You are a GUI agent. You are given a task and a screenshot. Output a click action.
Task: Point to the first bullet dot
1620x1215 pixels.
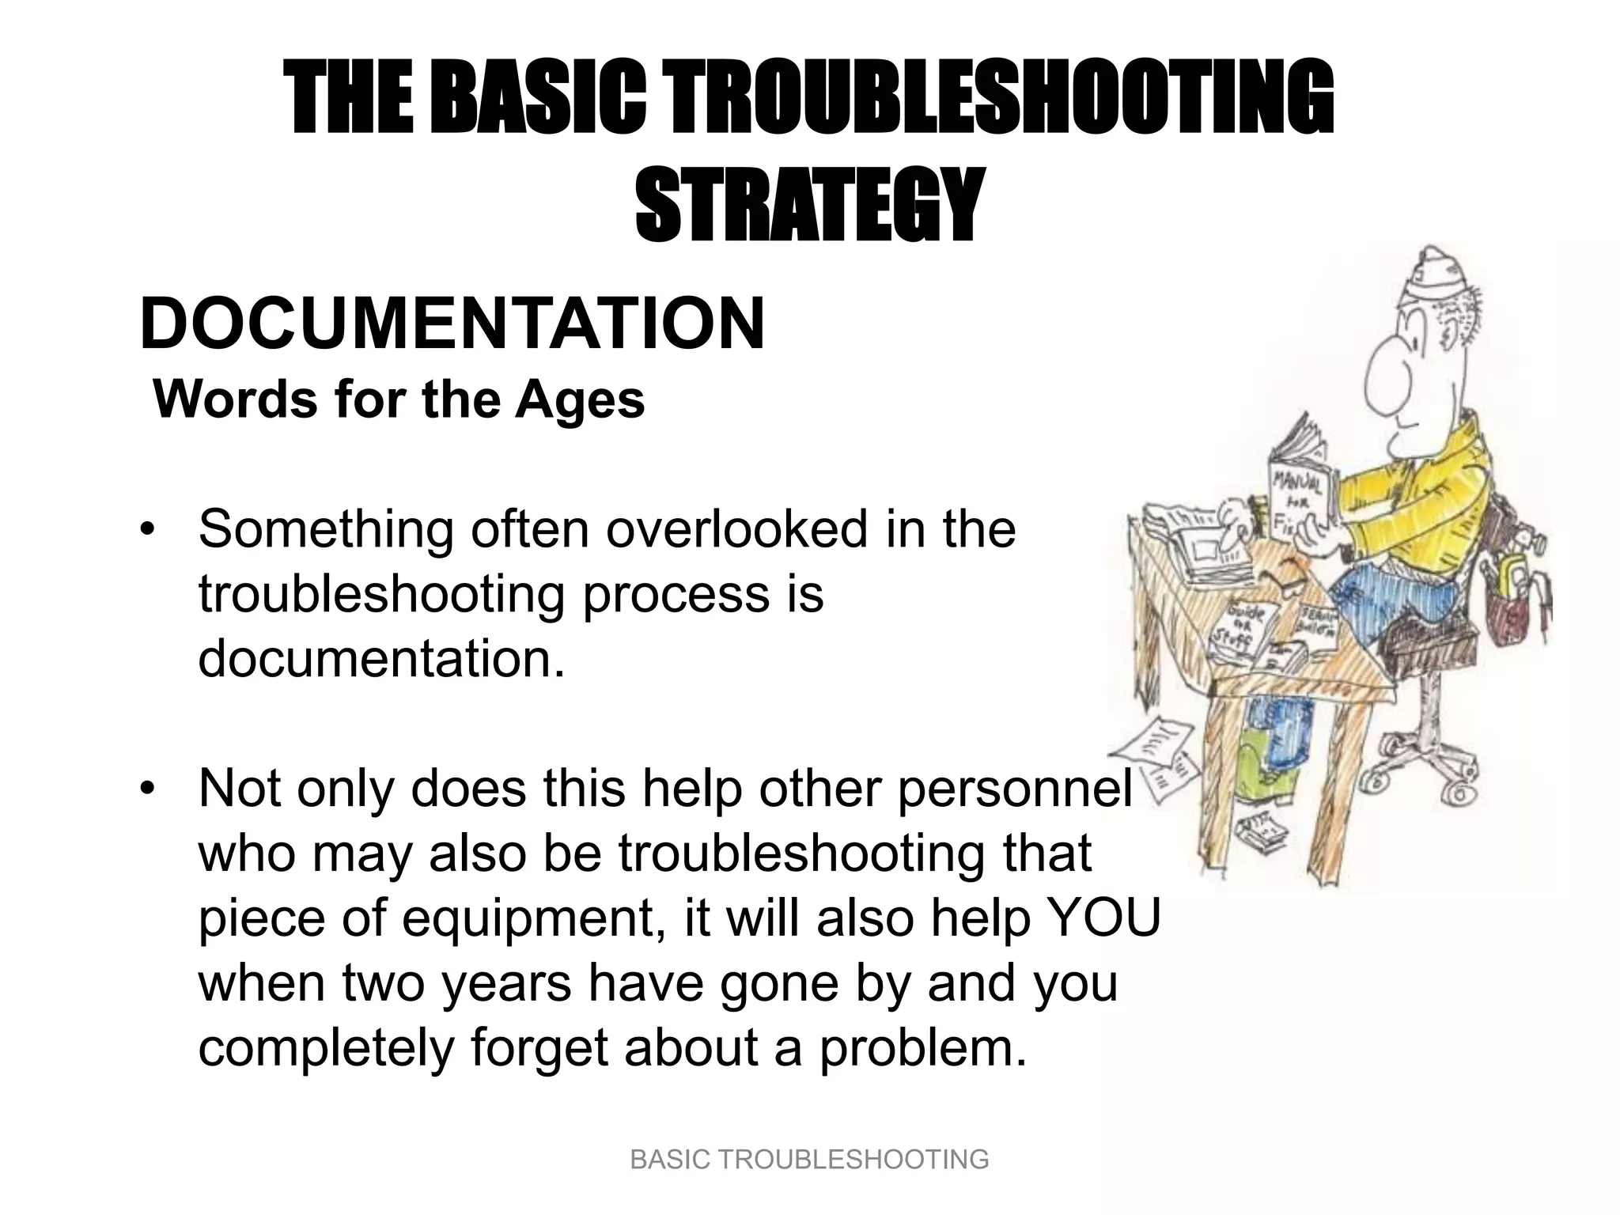[146, 530]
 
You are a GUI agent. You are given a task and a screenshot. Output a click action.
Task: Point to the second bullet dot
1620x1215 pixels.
[146, 789]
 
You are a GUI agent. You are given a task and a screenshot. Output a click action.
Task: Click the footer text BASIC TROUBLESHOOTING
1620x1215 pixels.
[809, 1160]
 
